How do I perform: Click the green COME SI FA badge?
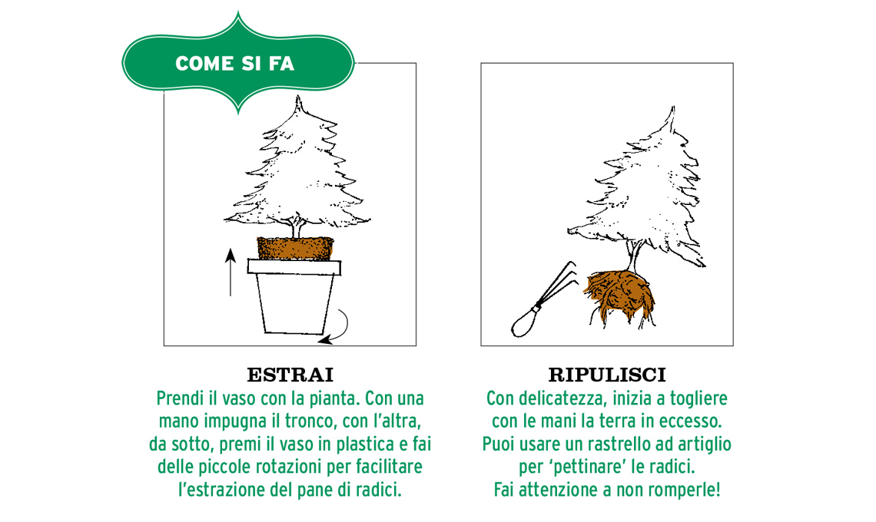tap(238, 63)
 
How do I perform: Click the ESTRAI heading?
tap(290, 375)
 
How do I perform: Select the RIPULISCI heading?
tap(607, 375)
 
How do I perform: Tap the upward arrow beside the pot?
tap(231, 273)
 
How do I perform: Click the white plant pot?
tap(294, 296)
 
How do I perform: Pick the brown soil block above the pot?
tap(296, 249)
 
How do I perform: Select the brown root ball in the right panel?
tap(620, 296)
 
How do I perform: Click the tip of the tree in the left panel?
tap(298, 97)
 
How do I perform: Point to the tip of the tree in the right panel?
tap(672, 107)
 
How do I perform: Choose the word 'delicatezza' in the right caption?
tap(562, 398)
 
